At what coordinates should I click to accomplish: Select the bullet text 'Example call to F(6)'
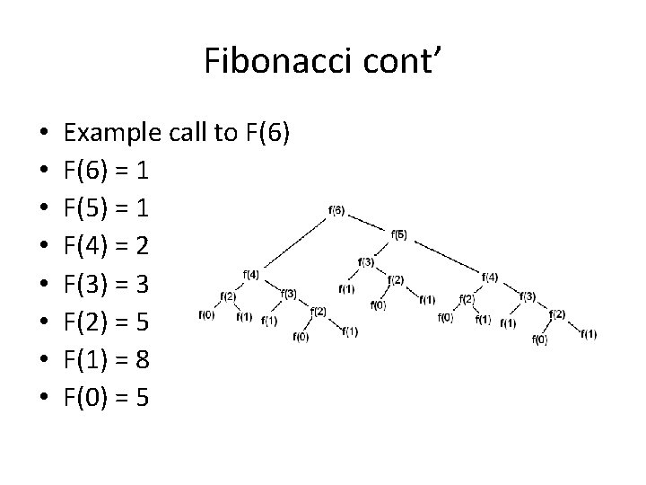click(x=177, y=133)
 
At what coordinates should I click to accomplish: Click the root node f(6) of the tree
click(x=336, y=211)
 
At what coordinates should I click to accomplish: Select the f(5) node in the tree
click(x=399, y=234)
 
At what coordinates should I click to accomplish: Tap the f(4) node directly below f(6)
click(x=251, y=274)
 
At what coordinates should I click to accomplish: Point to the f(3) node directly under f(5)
click(x=365, y=261)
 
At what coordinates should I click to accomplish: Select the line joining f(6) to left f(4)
click(x=295, y=243)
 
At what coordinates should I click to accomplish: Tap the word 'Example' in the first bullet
click(x=104, y=133)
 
